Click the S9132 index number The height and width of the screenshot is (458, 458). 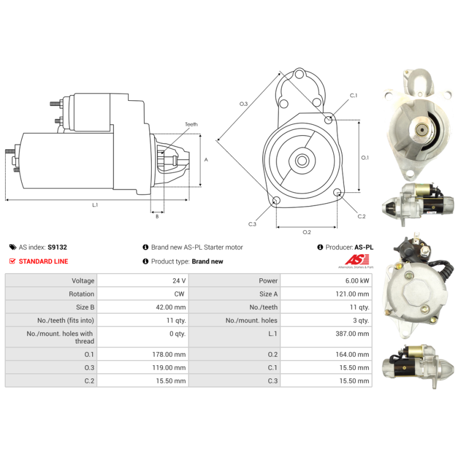pos(57,247)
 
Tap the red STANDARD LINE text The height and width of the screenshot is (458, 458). pos(44,262)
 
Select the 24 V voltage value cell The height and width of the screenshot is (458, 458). pos(179,281)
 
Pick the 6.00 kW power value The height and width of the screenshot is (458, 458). pos(357,281)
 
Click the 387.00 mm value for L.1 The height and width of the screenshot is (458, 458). pos(352,334)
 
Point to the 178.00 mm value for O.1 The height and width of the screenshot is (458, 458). pos(169,354)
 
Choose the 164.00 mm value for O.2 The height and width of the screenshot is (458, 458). pos(352,354)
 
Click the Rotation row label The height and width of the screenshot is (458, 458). pos(81,294)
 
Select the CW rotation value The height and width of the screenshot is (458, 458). pos(179,294)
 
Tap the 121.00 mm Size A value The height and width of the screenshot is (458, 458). pos(352,294)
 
